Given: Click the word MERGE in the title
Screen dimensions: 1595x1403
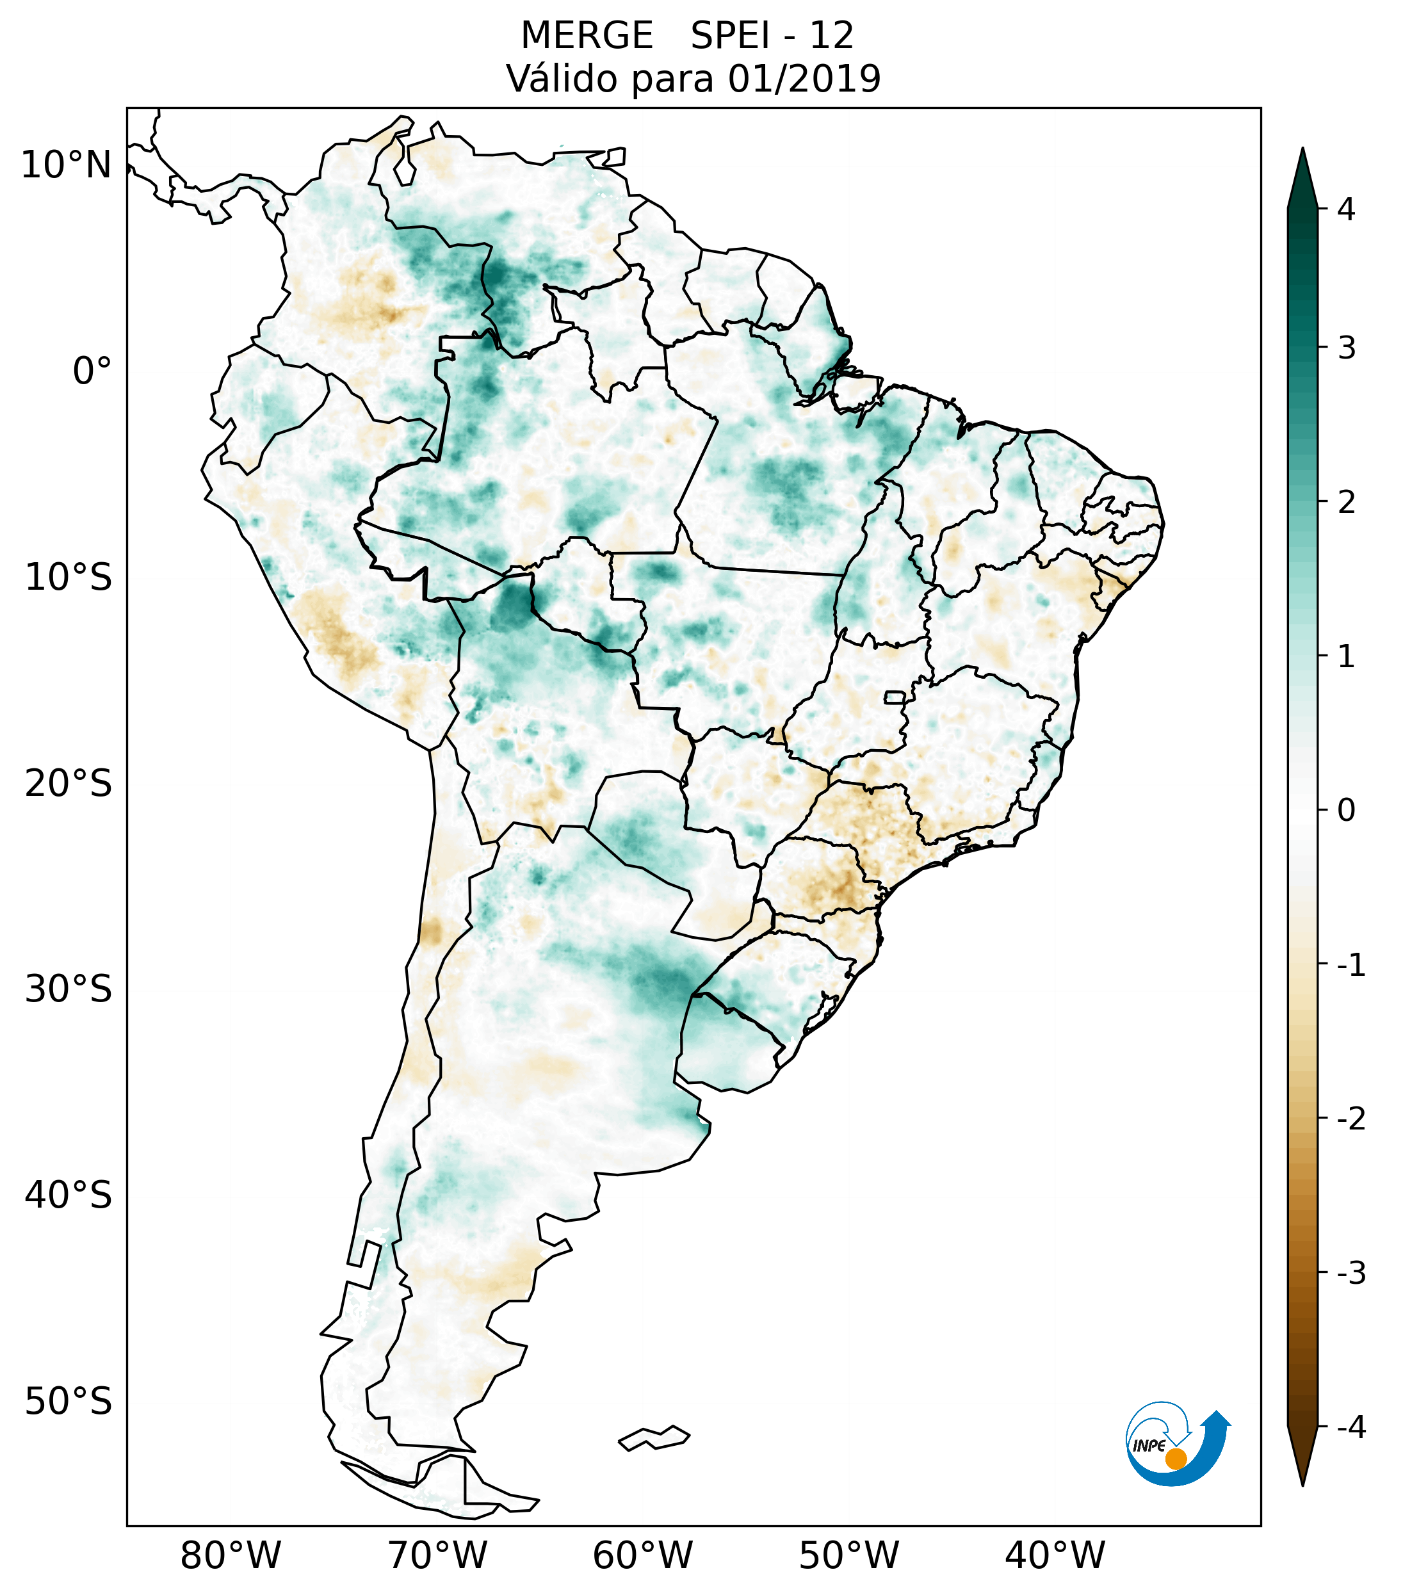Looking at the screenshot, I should (x=586, y=36).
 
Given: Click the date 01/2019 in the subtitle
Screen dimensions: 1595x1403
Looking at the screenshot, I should (x=804, y=79).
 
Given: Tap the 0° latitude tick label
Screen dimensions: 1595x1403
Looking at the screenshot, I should (x=92, y=371).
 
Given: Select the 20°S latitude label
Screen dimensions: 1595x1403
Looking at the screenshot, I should (x=69, y=784).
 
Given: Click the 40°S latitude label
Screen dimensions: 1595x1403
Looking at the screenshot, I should (x=69, y=1195).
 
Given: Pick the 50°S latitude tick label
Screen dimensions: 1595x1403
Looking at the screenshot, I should (x=69, y=1402).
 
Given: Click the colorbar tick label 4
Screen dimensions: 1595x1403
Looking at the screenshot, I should (x=1346, y=209).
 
